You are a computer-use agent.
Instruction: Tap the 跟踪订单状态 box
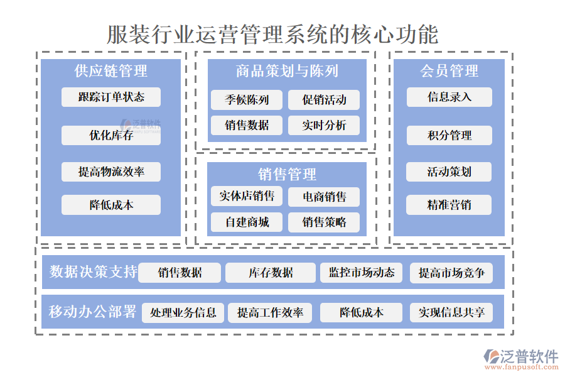click(x=111, y=97)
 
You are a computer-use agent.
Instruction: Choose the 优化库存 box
click(x=111, y=135)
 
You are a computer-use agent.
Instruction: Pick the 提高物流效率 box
click(x=111, y=172)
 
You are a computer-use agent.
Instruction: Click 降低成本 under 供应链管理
click(x=111, y=205)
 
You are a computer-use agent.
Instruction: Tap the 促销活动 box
click(x=324, y=100)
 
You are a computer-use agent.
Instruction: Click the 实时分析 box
click(x=324, y=125)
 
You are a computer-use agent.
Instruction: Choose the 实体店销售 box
click(x=247, y=196)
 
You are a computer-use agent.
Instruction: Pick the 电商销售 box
click(x=324, y=197)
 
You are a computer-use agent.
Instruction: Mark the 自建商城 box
click(x=247, y=222)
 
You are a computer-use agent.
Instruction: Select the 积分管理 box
click(x=449, y=135)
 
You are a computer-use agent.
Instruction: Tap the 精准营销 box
click(x=449, y=205)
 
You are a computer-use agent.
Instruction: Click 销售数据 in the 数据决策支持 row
click(x=180, y=273)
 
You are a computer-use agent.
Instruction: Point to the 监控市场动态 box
click(x=362, y=273)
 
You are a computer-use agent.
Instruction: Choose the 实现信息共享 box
click(x=451, y=312)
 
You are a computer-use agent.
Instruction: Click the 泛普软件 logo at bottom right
click(x=520, y=358)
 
